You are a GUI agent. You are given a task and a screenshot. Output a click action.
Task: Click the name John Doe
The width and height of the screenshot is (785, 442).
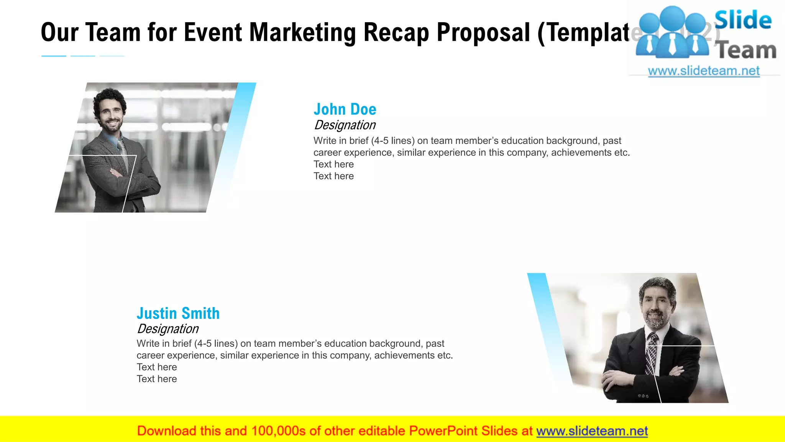click(345, 109)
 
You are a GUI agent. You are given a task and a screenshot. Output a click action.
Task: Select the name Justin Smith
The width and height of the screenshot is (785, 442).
click(178, 313)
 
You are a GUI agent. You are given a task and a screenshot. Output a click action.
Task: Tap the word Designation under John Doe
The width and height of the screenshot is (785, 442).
click(345, 125)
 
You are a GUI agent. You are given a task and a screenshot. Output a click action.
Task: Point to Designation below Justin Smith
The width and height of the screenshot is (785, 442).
click(168, 329)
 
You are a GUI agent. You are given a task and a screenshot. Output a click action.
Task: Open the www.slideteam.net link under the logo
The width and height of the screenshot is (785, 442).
click(703, 71)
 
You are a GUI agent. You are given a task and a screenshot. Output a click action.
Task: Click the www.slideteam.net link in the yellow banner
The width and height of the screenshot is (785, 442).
click(592, 431)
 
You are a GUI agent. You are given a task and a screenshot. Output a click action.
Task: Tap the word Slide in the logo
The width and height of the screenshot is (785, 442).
click(742, 20)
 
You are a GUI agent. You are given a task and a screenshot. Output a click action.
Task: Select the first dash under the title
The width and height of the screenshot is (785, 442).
click(54, 56)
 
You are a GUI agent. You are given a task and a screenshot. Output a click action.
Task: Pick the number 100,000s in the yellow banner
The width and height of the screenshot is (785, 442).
click(278, 431)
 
